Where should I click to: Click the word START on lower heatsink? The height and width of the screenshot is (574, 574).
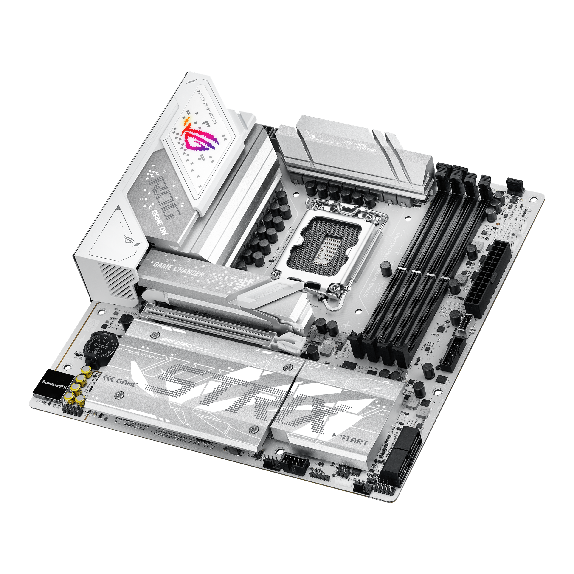354,439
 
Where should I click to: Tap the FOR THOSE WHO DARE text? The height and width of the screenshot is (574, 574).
361,146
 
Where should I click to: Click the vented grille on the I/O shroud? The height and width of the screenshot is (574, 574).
119,281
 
